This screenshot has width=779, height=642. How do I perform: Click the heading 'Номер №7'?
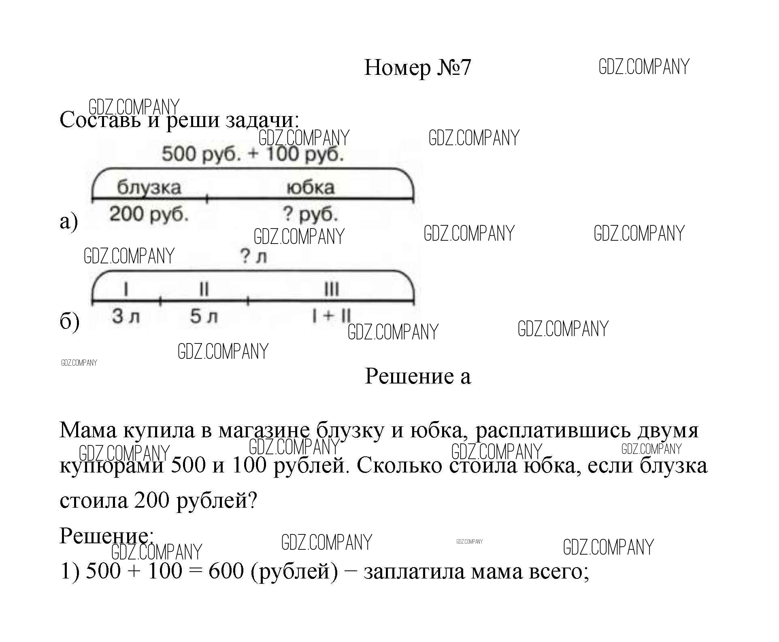[x=417, y=68]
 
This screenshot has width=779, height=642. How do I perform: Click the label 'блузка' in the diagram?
[x=149, y=187]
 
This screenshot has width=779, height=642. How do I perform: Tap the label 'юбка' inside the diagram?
[x=311, y=187]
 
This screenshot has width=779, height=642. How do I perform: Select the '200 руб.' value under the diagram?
[x=149, y=214]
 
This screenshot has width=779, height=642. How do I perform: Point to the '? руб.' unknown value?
[x=311, y=214]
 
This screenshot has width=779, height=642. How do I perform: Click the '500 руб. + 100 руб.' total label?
[x=253, y=154]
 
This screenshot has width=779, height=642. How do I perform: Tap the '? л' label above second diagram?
[x=253, y=256]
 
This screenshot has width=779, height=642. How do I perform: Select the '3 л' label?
[x=126, y=316]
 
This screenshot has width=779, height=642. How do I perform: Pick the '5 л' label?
[x=204, y=316]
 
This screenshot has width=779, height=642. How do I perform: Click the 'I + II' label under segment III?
[x=332, y=316]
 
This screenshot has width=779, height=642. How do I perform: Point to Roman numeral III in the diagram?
[x=332, y=290]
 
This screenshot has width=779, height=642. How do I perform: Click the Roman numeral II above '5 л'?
[x=204, y=290]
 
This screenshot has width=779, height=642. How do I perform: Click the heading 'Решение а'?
[x=417, y=376]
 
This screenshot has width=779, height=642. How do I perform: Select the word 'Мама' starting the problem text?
[x=87, y=430]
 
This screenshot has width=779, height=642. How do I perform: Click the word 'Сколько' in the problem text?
[x=399, y=466]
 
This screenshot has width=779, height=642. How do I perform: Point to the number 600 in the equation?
[x=226, y=571]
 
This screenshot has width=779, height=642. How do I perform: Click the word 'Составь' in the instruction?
[x=100, y=120]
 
